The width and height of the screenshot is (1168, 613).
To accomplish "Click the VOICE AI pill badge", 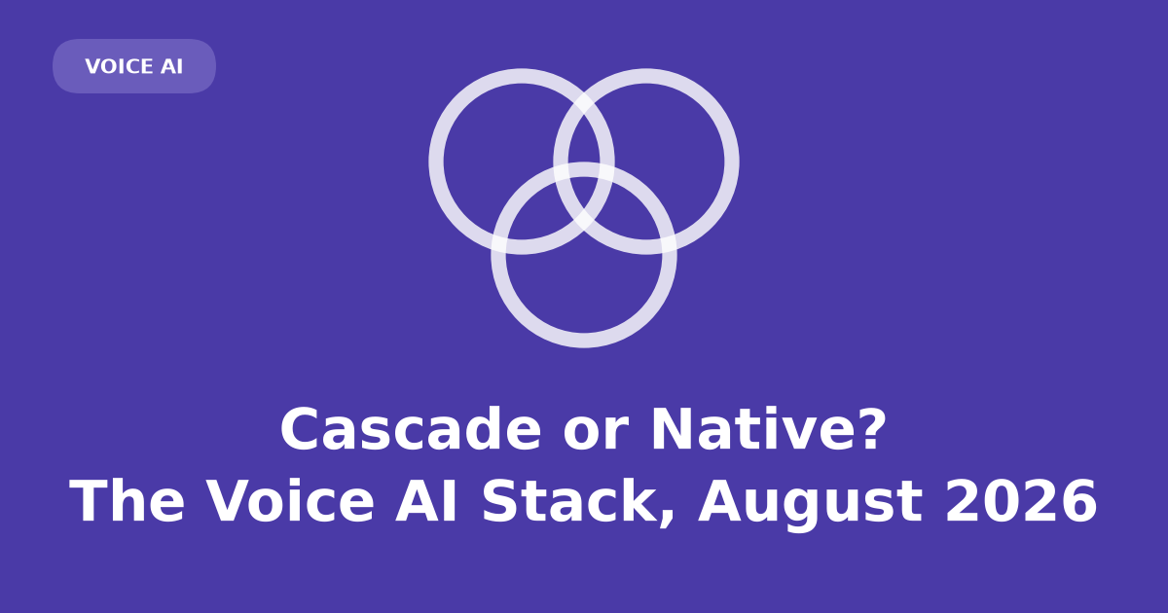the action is (x=134, y=66).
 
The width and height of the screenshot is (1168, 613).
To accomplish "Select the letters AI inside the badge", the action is (x=171, y=67).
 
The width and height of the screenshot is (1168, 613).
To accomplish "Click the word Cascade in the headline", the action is (x=411, y=429).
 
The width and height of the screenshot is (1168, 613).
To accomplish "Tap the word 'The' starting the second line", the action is (x=128, y=500).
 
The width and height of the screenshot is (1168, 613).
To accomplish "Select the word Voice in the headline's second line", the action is (x=291, y=500).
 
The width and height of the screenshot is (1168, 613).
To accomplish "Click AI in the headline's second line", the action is (x=426, y=500).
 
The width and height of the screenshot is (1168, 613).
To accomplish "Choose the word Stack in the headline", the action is (x=569, y=500).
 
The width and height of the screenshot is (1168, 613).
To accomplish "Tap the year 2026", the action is (x=1021, y=500).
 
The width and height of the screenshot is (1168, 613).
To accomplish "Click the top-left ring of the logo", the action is (x=436, y=162).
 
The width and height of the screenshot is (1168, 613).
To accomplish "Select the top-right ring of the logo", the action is (x=732, y=162).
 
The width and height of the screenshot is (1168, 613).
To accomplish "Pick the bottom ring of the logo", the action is (x=584, y=341).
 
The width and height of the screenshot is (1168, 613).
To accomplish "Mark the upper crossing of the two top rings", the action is (x=584, y=104).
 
